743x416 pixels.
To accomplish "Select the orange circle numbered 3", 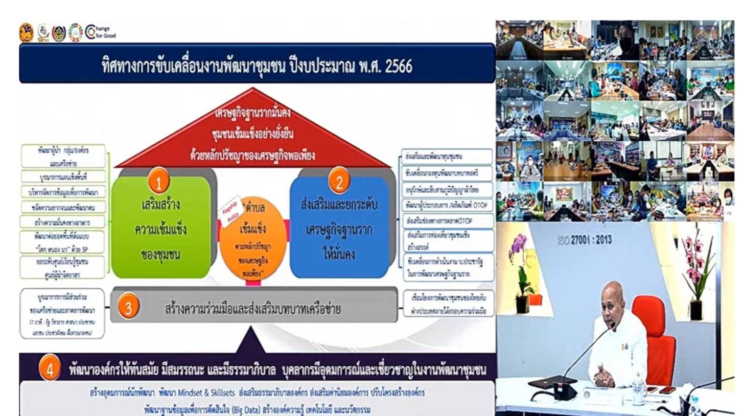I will pyautogui.click(x=129, y=308).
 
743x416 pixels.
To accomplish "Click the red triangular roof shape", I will pyautogui.click(x=252, y=133).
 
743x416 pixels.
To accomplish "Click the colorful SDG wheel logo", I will pyautogui.click(x=75, y=32).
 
